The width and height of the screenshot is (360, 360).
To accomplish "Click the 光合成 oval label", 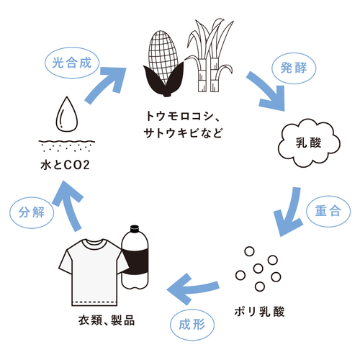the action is tap(72, 63).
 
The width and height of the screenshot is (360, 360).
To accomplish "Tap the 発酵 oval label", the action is tap(294, 68).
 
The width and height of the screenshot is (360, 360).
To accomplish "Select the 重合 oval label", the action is tap(328, 211).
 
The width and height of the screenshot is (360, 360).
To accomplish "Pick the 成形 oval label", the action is tap(192, 325).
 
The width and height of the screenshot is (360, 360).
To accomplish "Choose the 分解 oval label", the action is tap(32, 212).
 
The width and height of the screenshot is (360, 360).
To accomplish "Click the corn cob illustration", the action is tap(163, 65).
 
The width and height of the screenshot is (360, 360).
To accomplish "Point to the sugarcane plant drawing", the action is tap(210, 55).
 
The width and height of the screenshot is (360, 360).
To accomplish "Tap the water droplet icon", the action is tap(67, 114).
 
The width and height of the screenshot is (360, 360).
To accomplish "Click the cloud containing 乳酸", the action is tap(309, 143).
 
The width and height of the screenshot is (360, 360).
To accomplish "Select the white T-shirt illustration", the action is tap(94, 272).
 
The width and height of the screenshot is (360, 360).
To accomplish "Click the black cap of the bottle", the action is tap(135, 229).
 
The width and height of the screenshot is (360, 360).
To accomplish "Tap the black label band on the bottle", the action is tap(135, 261).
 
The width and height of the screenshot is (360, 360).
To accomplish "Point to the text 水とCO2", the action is tap(65, 165).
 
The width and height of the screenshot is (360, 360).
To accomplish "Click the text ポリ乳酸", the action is tap(260, 312).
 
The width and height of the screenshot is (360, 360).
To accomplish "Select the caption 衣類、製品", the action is tap(107, 320).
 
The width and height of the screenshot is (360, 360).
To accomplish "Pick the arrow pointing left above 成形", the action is tap(192, 289).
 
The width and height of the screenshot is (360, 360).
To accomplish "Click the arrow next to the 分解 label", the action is tap(69, 205).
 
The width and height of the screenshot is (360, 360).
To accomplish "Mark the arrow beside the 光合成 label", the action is tap(106, 84).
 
